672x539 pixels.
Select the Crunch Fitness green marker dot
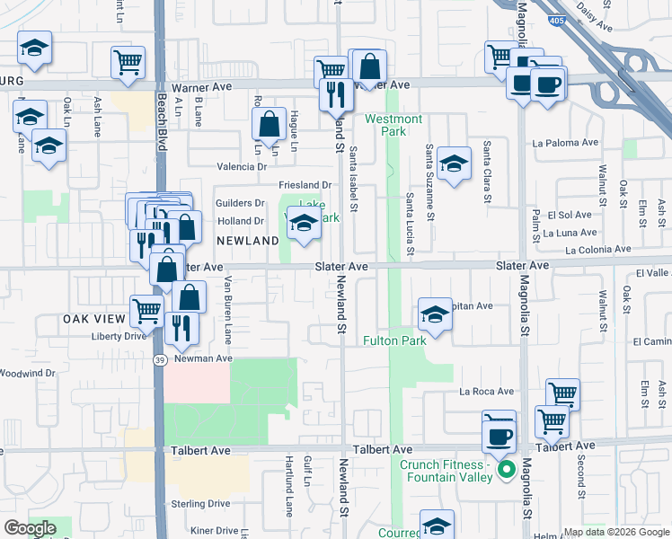(x=506, y=468)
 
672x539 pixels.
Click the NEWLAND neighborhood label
(x=248, y=241)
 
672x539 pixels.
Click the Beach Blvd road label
(x=163, y=117)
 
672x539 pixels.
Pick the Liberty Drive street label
(x=118, y=336)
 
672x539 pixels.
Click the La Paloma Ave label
(x=565, y=143)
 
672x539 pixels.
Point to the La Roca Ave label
(x=486, y=392)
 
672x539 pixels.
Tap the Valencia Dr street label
(x=242, y=166)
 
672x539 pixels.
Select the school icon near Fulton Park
(x=435, y=315)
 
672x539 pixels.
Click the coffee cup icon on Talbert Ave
(x=499, y=437)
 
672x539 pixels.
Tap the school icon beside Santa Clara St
(x=455, y=163)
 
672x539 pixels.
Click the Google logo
(x=29, y=528)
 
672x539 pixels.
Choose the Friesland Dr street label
(x=305, y=185)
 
